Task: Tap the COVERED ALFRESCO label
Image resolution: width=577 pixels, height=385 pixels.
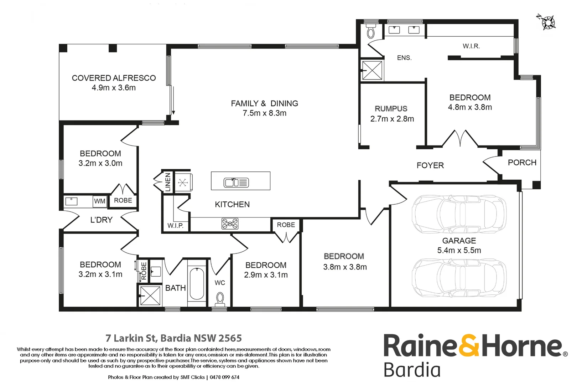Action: (x=114, y=78)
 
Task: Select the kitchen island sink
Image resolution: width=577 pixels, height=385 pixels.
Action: (x=236, y=183)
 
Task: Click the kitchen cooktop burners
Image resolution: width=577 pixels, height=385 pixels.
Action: (x=230, y=224)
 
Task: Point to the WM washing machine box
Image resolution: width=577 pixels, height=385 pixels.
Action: (x=99, y=201)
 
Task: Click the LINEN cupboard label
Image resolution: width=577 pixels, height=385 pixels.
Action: (x=168, y=182)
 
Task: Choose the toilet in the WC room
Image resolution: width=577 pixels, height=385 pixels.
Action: (x=220, y=299)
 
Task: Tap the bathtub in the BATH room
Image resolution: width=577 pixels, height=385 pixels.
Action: (x=197, y=284)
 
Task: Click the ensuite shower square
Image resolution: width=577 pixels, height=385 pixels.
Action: (x=372, y=70)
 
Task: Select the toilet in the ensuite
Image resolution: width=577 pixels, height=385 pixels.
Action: (x=371, y=31)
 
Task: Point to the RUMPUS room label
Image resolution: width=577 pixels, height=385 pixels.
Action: (x=391, y=109)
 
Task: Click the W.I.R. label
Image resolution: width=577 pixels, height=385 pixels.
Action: (x=471, y=46)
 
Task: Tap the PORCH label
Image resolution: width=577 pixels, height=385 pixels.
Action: (x=522, y=163)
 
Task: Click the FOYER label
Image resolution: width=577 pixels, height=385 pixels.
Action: (x=430, y=165)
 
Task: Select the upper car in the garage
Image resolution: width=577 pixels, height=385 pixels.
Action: (x=459, y=214)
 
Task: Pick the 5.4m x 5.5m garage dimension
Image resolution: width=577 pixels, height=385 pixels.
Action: (x=459, y=251)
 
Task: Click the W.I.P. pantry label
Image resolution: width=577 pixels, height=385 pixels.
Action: (x=175, y=226)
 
